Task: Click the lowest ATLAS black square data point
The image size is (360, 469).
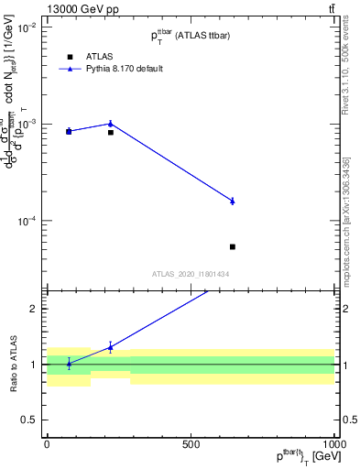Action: [x=233, y=246]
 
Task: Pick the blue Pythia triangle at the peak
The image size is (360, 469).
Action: [x=111, y=123]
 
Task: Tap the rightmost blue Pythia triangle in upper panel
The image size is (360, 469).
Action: [x=233, y=201]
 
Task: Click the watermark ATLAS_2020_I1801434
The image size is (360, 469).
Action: [x=191, y=274]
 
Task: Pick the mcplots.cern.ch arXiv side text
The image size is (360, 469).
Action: [x=345, y=220]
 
